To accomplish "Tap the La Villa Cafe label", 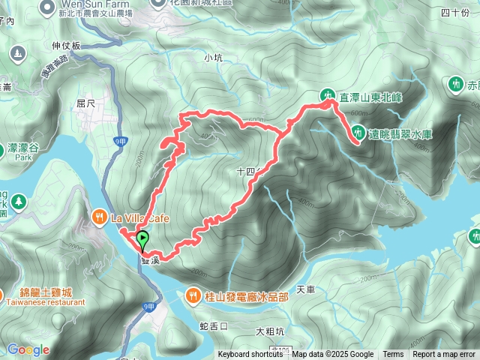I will (142, 218).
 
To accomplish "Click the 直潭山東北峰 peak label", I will (373, 97).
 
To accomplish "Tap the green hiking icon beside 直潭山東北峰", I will (328, 95).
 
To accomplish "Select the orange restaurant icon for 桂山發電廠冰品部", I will (194, 296).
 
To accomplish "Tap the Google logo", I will (28, 349).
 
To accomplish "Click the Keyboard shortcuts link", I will (250, 355).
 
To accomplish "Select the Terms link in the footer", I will (393, 355).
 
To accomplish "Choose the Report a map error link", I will (444, 355).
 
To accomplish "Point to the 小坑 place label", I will (213, 57).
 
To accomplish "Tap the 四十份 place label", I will (454, 12).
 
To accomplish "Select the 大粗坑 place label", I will (270, 331).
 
